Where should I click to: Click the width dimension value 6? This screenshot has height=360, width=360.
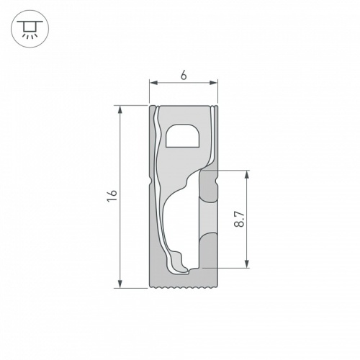[183, 75]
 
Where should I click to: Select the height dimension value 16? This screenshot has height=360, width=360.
[110, 196]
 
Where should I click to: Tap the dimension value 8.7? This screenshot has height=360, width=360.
[240, 219]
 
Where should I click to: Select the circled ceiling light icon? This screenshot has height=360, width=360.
[28, 29]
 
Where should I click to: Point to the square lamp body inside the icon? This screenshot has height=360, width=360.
[28, 27]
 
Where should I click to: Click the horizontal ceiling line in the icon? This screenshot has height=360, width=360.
[28, 22]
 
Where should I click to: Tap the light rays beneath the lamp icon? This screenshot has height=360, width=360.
[28, 36]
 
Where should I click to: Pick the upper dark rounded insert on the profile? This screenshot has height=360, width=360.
[209, 189]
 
